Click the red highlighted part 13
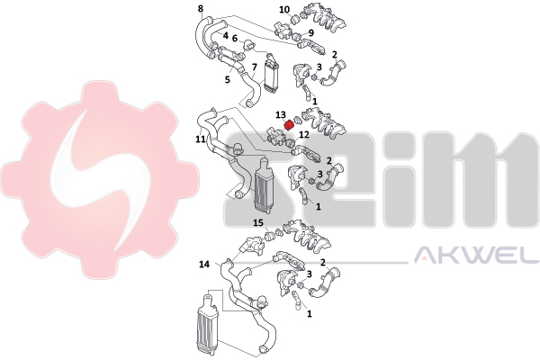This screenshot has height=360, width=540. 289,125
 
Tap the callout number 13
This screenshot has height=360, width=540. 280,114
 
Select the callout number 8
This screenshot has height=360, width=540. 201,8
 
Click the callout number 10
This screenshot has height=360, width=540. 284,9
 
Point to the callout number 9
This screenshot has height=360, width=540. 311,32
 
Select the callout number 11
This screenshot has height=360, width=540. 201,139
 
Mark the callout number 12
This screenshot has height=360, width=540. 304,135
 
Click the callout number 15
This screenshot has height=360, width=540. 258,223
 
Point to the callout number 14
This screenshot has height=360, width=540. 204,265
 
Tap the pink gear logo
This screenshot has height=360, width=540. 100,180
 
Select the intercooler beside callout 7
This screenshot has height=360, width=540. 271,74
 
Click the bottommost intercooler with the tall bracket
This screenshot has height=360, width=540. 208,321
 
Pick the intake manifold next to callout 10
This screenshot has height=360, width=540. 323,19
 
